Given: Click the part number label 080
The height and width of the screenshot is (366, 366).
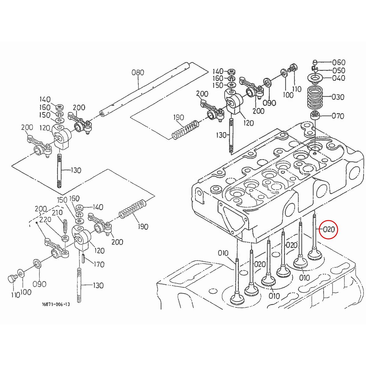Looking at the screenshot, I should [x=138, y=73].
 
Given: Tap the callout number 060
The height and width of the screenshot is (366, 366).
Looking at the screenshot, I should [x=339, y=63].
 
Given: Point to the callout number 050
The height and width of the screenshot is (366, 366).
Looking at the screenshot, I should [x=339, y=70].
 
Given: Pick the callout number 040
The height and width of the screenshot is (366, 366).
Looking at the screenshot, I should [x=339, y=78].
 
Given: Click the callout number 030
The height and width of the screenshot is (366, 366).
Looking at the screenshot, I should [x=338, y=97].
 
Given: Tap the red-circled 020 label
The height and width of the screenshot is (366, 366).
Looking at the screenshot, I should [x=329, y=230].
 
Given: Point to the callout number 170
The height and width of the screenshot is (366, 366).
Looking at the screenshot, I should [x=99, y=264].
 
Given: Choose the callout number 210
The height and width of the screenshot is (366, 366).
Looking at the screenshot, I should [x=57, y=213].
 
